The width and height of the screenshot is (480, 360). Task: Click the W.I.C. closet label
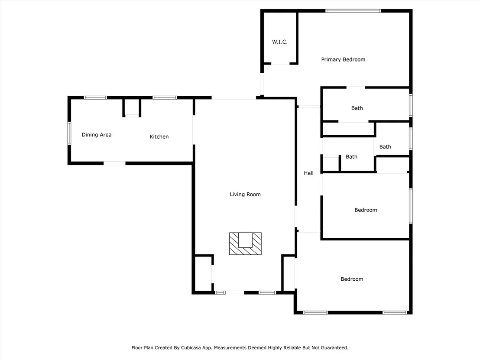click(280, 42)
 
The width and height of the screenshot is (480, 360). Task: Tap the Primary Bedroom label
click(343, 59)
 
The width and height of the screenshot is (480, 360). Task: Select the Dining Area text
click(97, 135)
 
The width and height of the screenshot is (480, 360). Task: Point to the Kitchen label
click(159, 136)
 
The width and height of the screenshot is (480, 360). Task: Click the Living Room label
click(245, 195)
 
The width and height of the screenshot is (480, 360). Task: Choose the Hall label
click(308, 173)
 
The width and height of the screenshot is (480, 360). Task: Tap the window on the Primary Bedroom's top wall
click(353, 11)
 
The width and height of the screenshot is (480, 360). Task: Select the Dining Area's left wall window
click(69, 133)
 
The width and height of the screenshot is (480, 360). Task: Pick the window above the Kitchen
click(165, 97)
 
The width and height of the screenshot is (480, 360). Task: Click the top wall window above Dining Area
click(95, 97)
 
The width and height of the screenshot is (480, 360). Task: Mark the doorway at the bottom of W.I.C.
click(280, 64)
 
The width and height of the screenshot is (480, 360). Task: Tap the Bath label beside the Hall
click(351, 157)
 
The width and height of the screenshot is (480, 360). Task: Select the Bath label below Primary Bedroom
click(357, 108)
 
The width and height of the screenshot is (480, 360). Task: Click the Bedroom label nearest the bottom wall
click(352, 279)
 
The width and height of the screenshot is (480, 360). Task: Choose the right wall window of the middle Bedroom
click(411, 206)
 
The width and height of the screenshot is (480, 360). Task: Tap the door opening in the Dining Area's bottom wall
click(114, 163)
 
